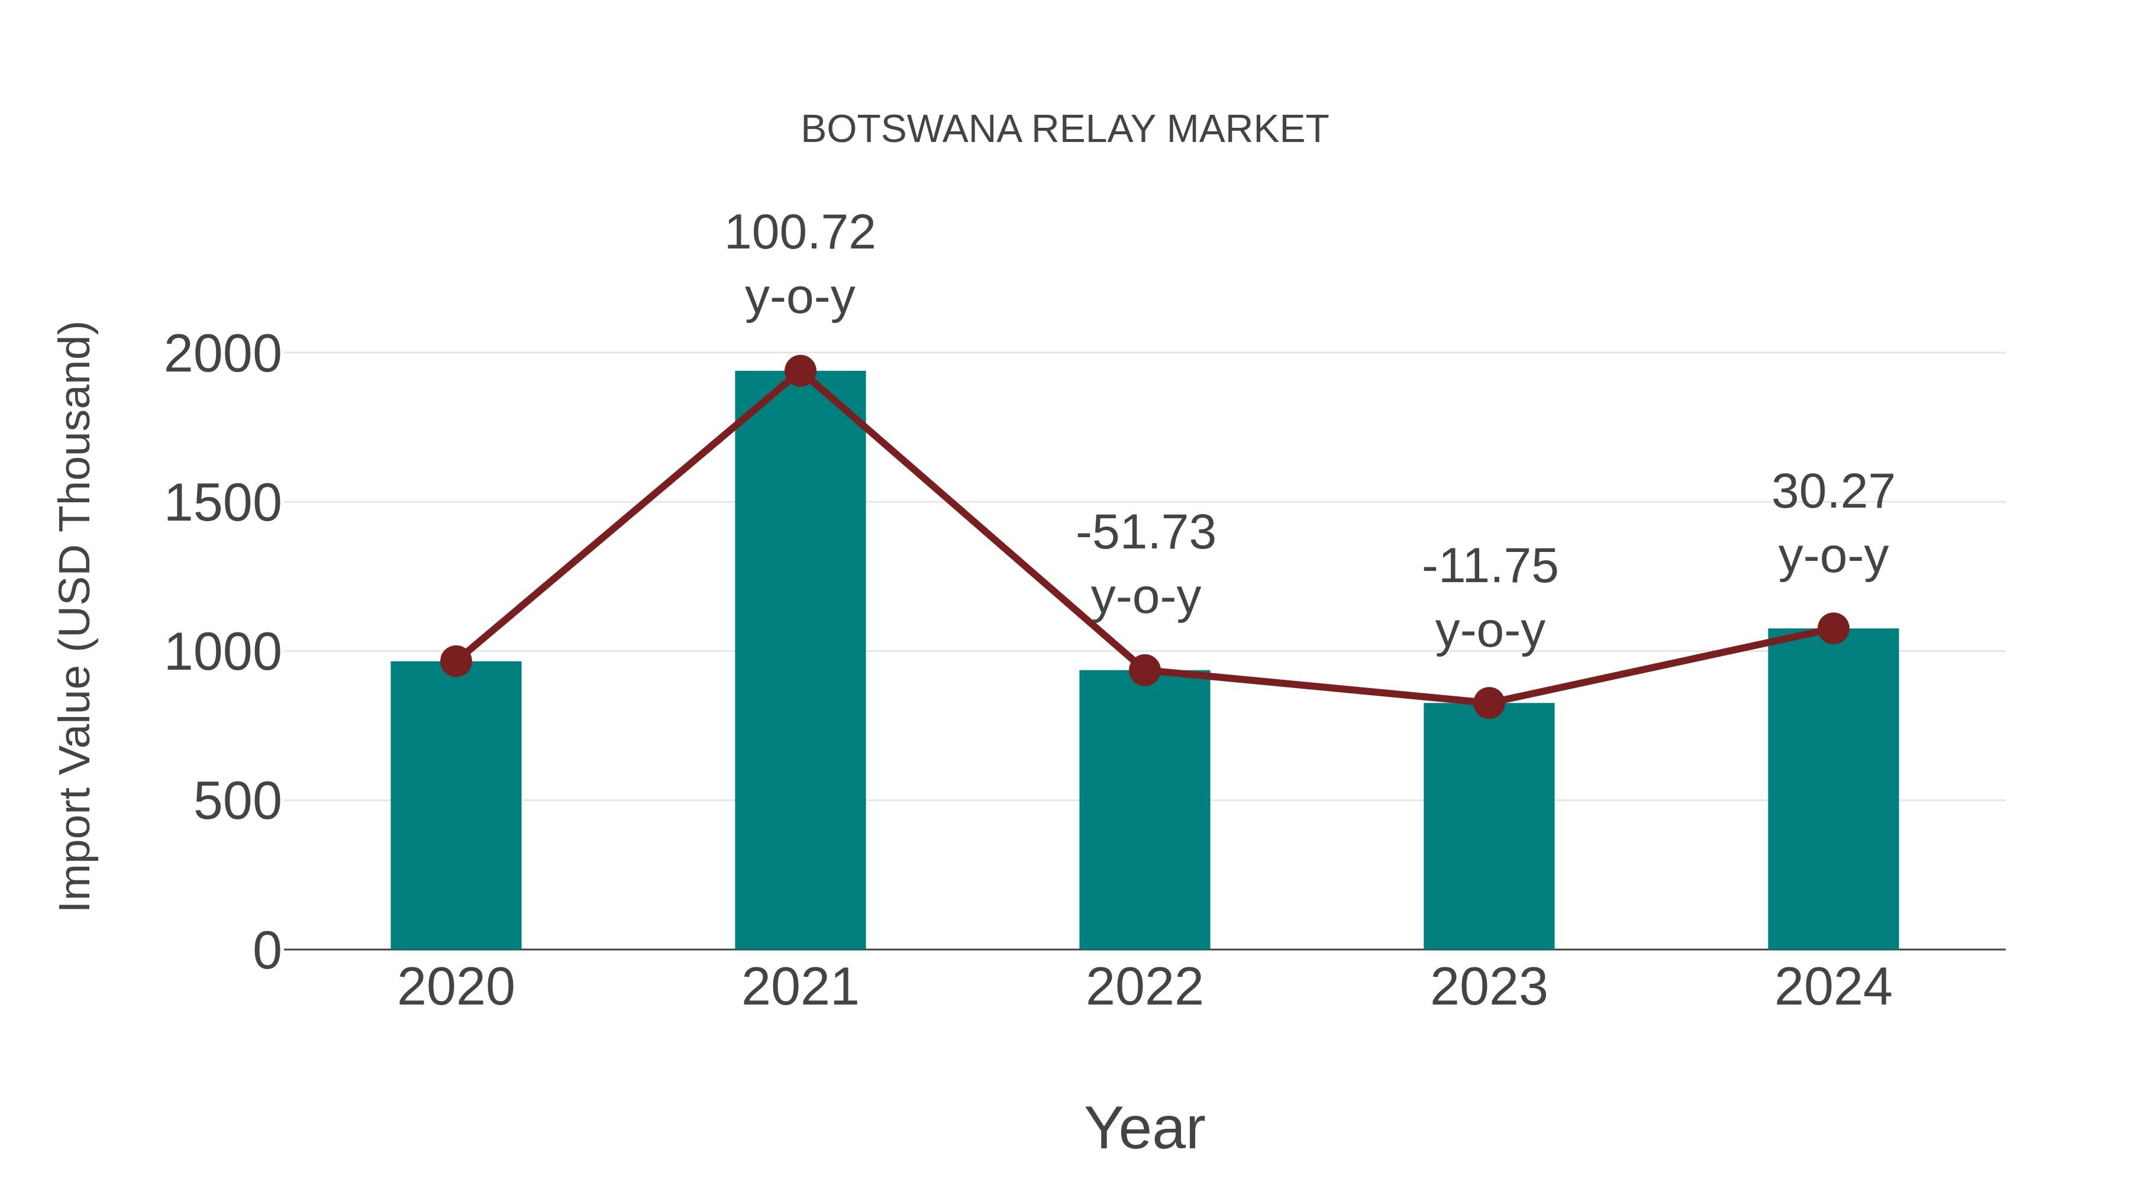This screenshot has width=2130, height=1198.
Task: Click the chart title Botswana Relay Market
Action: [x=1064, y=130]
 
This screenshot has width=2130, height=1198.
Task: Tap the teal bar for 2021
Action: [x=799, y=661]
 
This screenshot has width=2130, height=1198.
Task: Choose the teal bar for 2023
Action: [x=1489, y=827]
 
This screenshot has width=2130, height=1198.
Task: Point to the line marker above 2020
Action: [x=456, y=661]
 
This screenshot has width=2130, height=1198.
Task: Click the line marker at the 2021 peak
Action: [x=799, y=371]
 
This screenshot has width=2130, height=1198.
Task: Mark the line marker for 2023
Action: [x=1489, y=703]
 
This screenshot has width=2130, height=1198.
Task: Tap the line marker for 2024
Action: [x=1833, y=628]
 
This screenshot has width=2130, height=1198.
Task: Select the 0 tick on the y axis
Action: [x=266, y=950]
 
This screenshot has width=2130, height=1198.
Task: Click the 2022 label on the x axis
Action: [x=1144, y=987]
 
